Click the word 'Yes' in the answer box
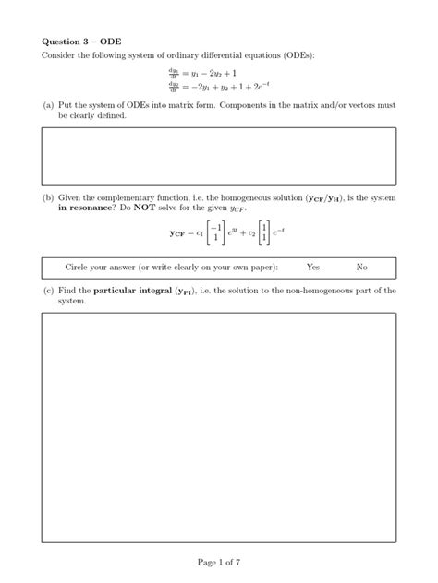(312, 267)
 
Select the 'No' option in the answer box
(361, 267)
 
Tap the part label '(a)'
(47, 107)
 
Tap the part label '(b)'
(47, 198)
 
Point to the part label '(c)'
(47, 291)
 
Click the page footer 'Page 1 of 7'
(219, 561)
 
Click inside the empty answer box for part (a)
(219, 157)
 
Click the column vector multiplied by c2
(264, 235)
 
